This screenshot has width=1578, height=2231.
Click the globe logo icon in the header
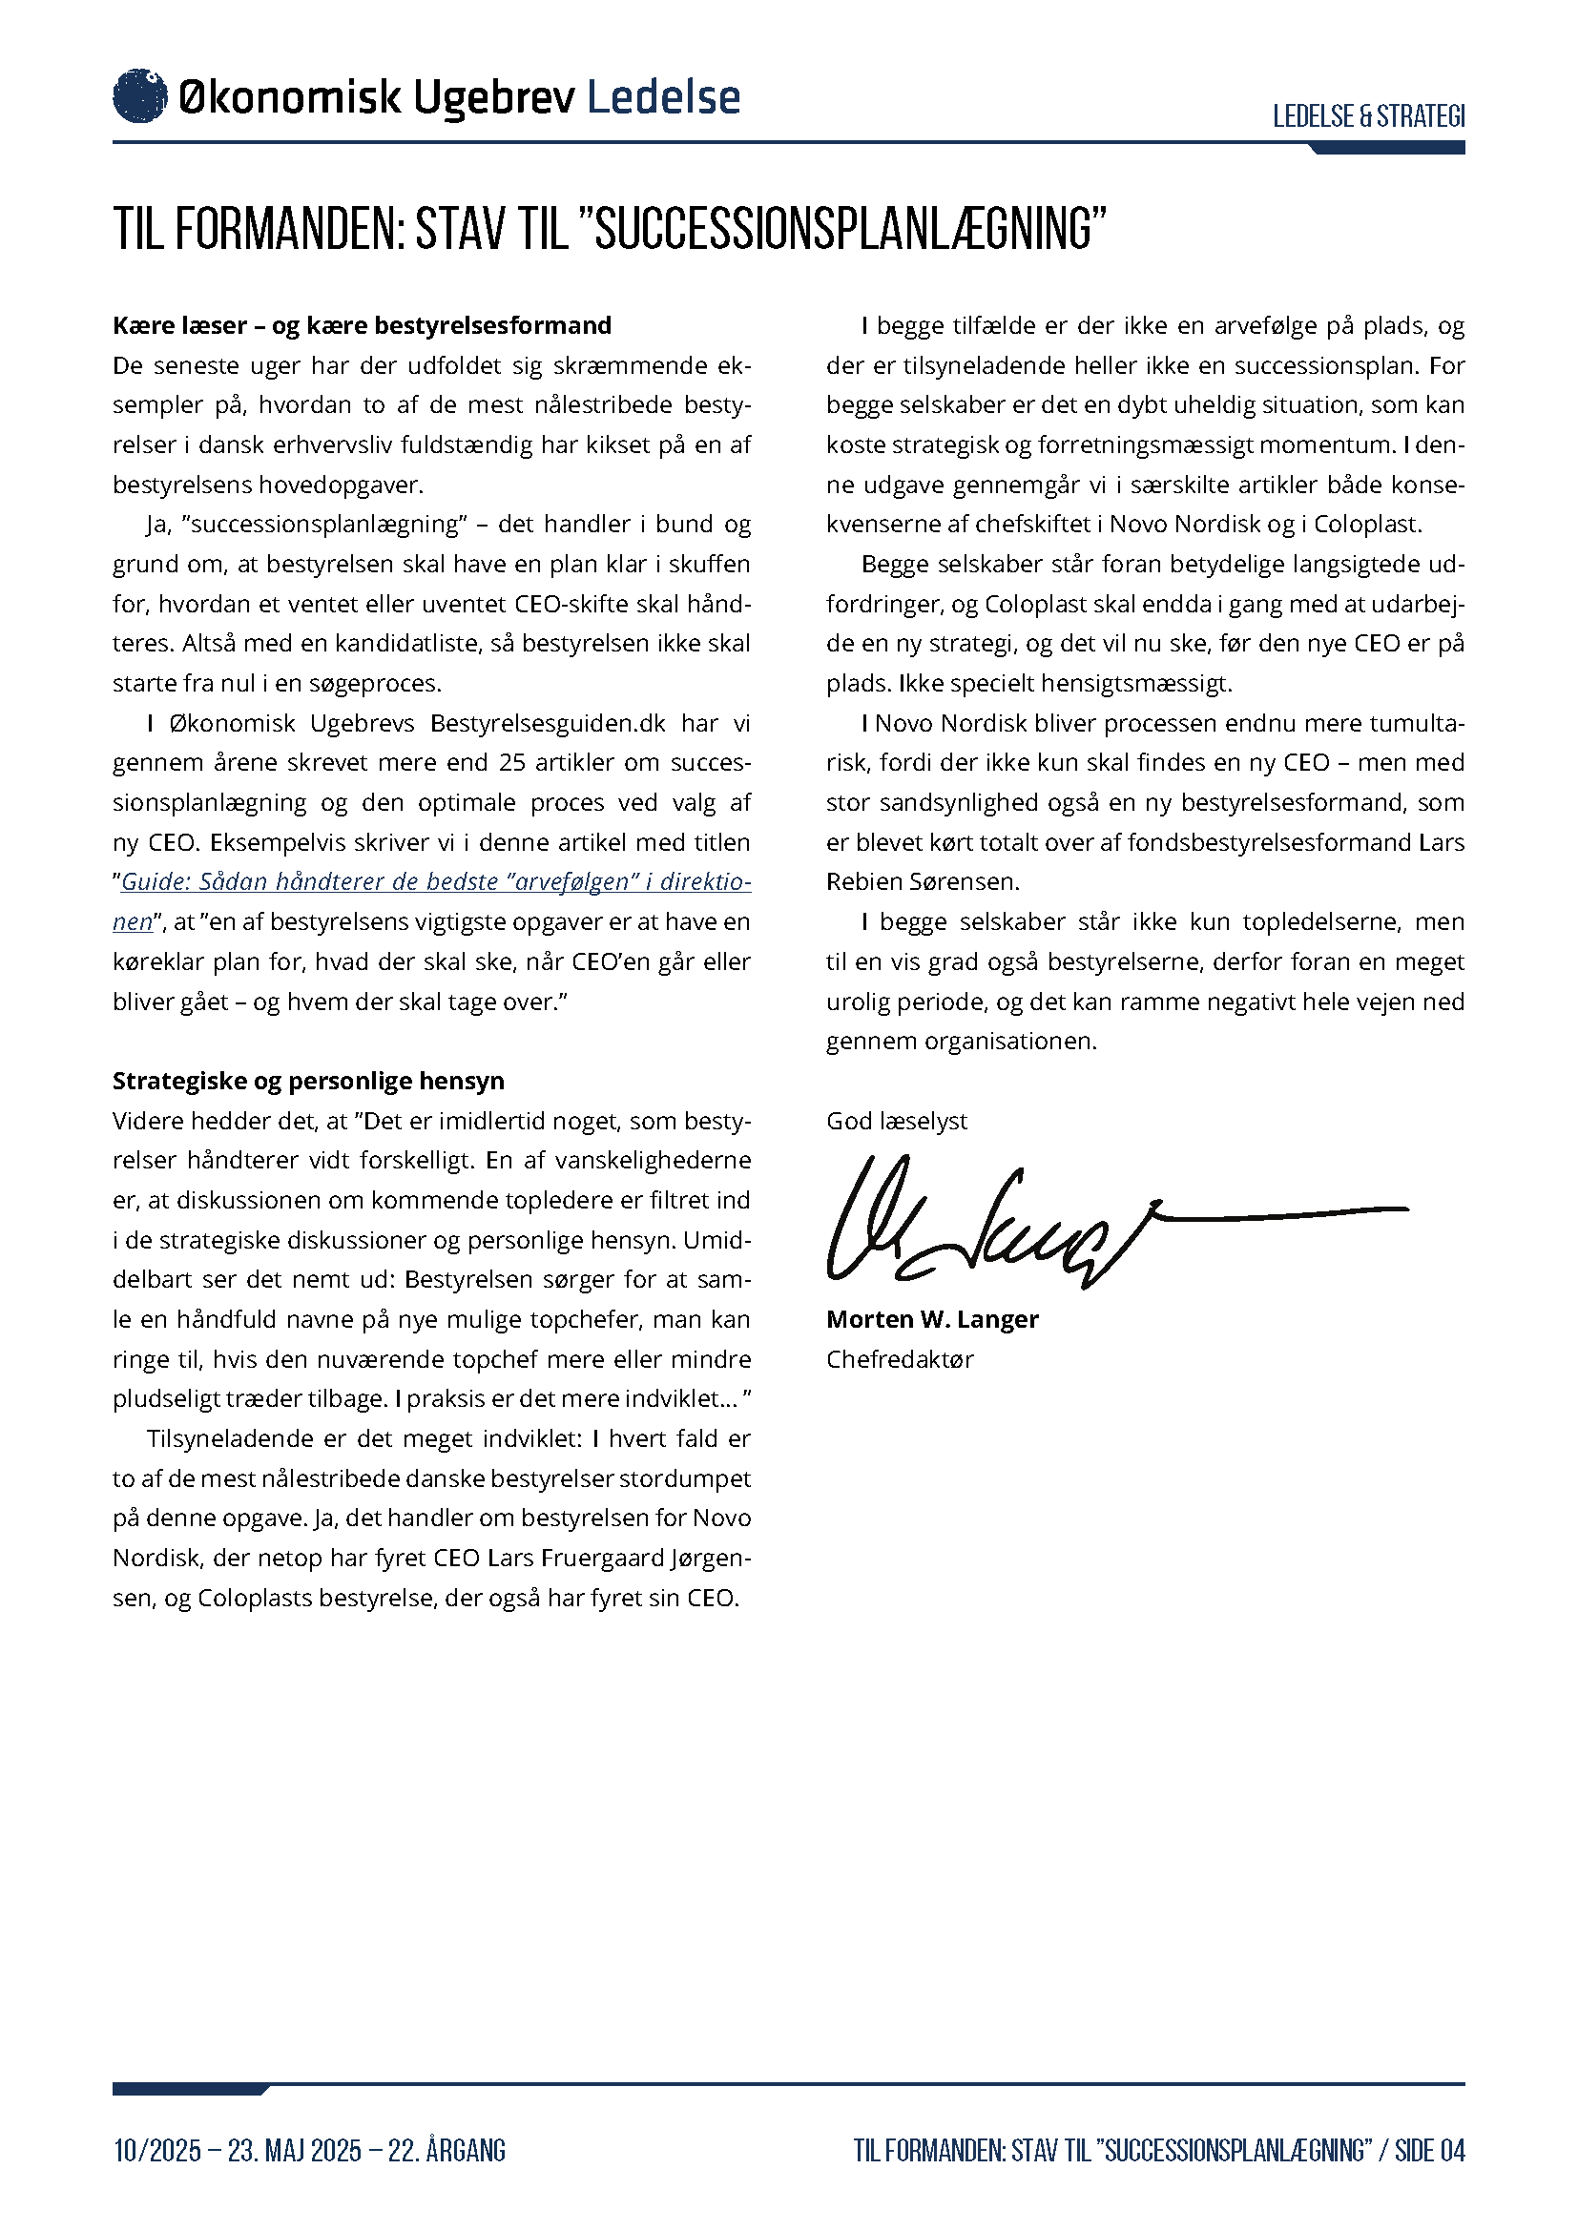coord(140,96)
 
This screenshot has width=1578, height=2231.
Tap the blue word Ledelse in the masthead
coord(664,97)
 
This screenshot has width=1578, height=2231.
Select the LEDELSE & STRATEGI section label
coord(1368,116)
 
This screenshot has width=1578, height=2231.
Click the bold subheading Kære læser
coord(179,325)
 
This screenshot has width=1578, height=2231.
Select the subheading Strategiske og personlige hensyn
coord(308,1081)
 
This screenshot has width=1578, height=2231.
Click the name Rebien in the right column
coord(862,881)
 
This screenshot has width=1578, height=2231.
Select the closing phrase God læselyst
coord(897,1121)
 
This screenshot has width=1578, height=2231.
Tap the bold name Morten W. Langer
coord(932,1318)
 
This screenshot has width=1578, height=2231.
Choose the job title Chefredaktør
coord(900,1358)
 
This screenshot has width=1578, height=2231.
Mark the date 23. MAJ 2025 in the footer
coord(295,2150)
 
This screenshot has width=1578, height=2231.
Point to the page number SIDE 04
coord(1429,2150)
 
